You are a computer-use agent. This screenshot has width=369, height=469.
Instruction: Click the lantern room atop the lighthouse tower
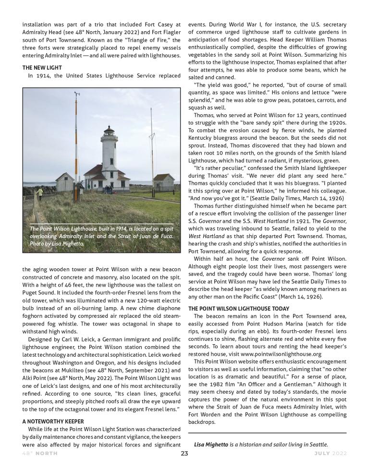[109, 131]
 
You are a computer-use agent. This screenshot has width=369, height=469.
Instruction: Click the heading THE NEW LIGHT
[41, 68]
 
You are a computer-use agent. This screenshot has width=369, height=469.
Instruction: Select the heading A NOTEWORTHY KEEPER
[53, 421]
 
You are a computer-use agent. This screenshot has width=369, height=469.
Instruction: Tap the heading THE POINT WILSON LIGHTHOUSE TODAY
[238, 309]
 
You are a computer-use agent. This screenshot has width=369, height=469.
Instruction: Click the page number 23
[184, 453]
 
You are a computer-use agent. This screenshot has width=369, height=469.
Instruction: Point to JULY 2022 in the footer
[330, 453]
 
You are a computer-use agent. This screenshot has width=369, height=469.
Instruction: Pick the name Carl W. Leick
[74, 340]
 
